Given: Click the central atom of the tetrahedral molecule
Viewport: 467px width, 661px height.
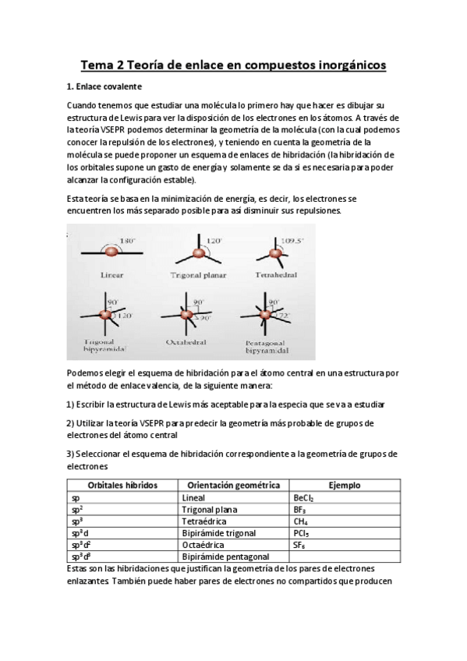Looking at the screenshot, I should click(274, 254).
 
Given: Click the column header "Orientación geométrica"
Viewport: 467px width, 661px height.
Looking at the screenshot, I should click(233, 485).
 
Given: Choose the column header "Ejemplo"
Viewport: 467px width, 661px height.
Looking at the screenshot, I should click(344, 485).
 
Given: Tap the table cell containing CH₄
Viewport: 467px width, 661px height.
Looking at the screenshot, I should click(300, 521).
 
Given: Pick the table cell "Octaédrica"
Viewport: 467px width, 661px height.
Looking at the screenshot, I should click(203, 545).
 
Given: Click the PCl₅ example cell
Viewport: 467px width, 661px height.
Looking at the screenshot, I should click(301, 533).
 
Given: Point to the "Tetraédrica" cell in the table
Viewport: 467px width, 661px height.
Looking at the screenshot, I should click(204, 521).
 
